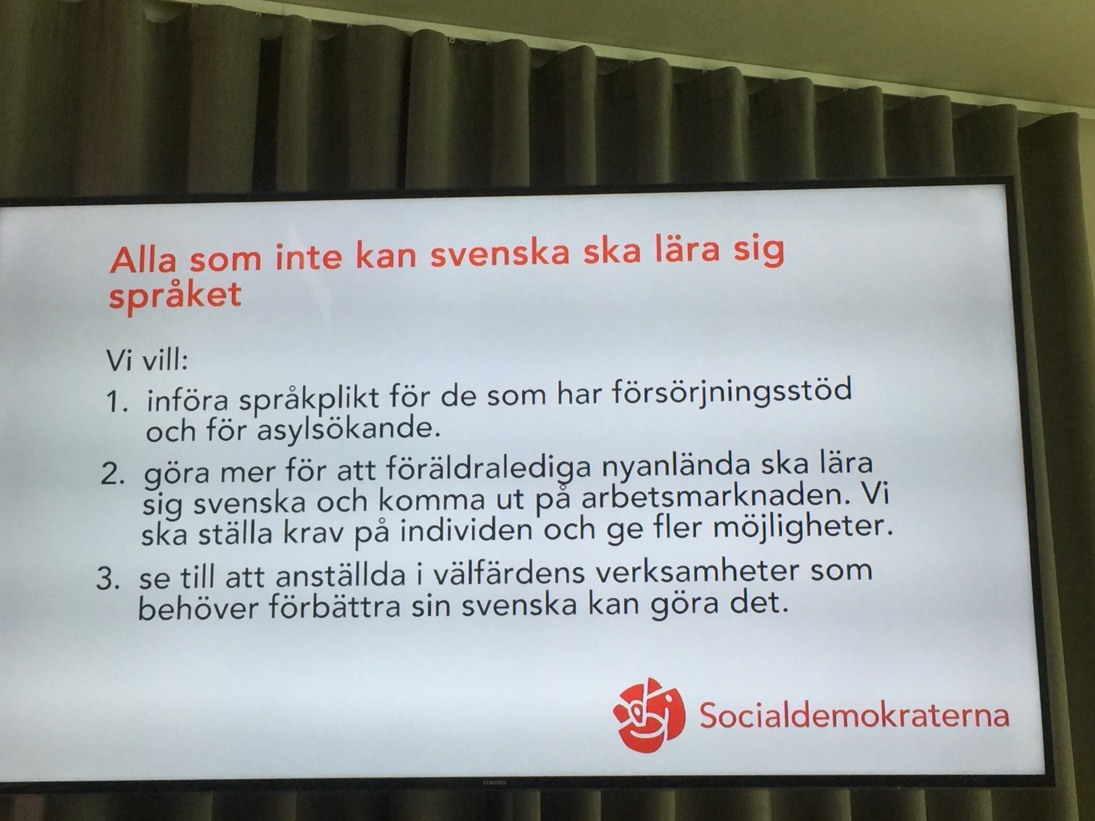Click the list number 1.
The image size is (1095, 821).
tap(117, 404)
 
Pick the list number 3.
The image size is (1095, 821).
tap(108, 580)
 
